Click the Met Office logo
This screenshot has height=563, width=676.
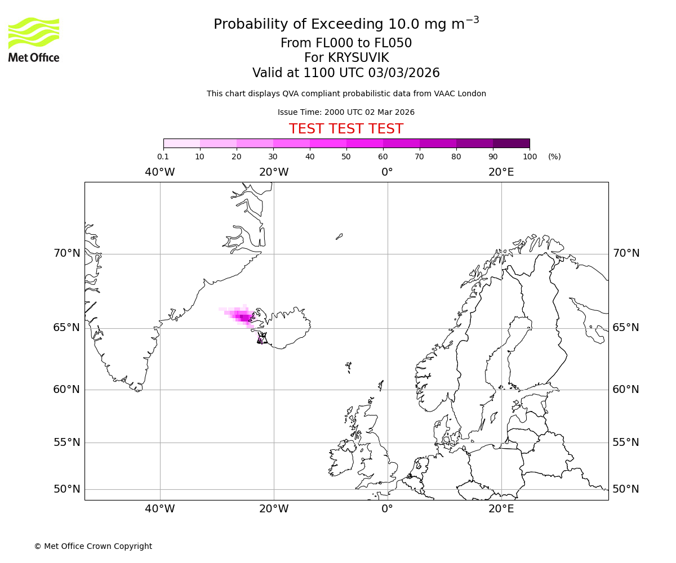coord(34,39)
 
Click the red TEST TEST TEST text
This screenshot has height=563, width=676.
coord(346,129)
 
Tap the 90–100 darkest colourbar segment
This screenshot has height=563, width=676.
coord(511,143)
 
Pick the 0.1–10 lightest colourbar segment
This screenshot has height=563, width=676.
coord(181,143)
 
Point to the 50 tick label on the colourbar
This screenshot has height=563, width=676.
coord(346,157)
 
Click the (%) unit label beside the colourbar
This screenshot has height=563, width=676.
coord(554,157)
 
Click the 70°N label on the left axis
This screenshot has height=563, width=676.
coord(67,253)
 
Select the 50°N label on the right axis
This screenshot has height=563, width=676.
coord(626,489)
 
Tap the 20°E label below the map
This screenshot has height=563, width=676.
coord(501,509)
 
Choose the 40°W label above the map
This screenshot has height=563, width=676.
coord(160,172)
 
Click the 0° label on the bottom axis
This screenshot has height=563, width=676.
coord(387,509)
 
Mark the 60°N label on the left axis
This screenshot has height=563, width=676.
coord(67,390)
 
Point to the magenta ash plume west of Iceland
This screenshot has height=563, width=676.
coord(241,316)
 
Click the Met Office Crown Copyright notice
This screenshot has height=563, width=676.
coord(93,546)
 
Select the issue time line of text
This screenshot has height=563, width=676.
coord(346,112)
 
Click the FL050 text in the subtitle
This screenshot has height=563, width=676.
coord(393,43)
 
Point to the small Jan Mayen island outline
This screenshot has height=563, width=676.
coord(339,236)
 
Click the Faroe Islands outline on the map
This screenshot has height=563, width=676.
coord(349,367)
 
